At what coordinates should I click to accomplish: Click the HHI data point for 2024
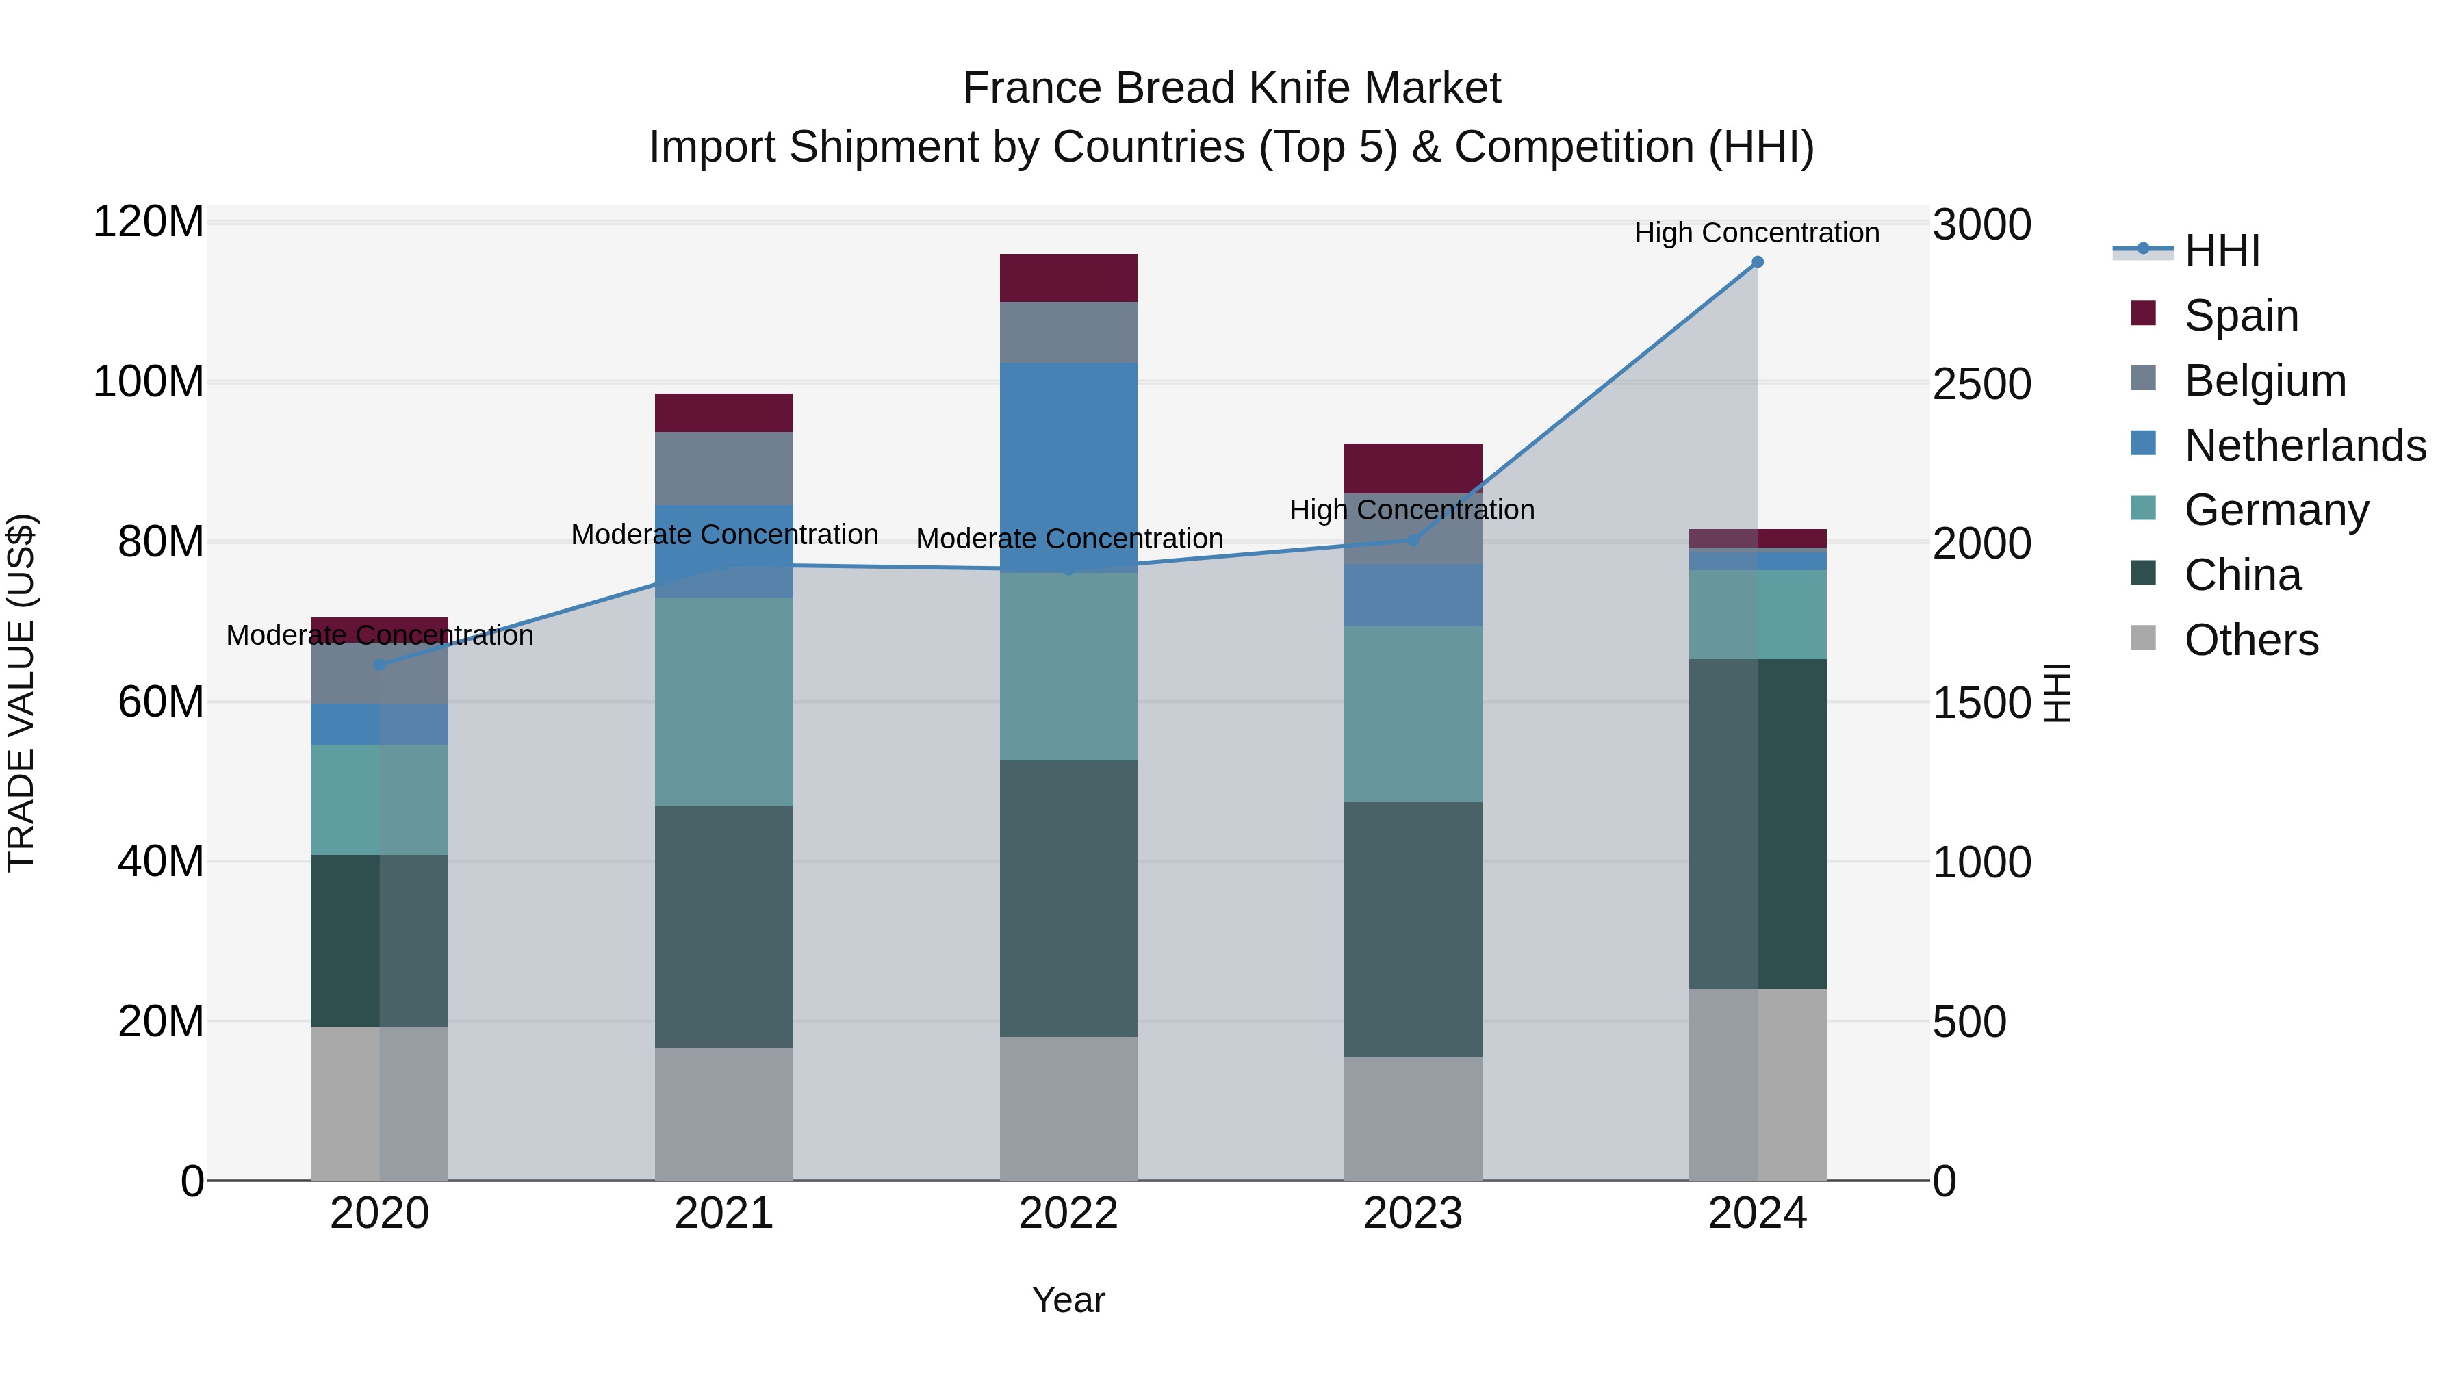1757,262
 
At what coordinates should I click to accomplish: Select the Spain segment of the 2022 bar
1068,277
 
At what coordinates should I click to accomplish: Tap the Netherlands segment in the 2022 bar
1068,459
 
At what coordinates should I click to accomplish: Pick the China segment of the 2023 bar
1413,929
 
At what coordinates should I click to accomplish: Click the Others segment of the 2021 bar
724,1114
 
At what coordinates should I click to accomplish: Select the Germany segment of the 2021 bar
724,702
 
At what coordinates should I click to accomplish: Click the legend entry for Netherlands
2305,446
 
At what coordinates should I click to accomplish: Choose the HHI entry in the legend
2222,251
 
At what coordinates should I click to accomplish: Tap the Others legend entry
2250,640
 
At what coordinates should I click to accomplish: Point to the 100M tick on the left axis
149,382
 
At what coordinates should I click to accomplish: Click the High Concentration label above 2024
1756,233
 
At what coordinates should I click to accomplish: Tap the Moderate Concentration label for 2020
380,635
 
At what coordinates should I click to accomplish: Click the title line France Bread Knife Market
1231,88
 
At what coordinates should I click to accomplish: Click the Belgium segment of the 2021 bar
724,469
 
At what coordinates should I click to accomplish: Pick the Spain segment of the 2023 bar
1413,467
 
